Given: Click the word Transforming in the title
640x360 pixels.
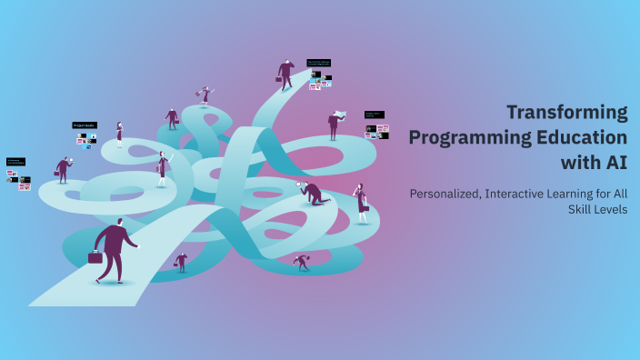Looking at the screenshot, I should pyautogui.click(x=566, y=113).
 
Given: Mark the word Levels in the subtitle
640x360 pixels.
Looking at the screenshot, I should pyautogui.click(x=606, y=209).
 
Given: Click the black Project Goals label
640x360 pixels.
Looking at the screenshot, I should pyautogui.click(x=85, y=125).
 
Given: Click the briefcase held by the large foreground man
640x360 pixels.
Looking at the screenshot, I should pyautogui.click(x=95, y=257).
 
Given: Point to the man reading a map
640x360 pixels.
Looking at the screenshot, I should pyautogui.click(x=335, y=124).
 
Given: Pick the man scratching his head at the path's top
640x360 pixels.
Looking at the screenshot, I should pyautogui.click(x=285, y=73).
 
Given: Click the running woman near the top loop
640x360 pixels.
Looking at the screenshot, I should pyautogui.click(x=205, y=94).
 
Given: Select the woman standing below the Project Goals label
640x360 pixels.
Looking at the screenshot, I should pyautogui.click(x=119, y=135).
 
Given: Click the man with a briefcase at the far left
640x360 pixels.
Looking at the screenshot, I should pyautogui.click(x=63, y=169).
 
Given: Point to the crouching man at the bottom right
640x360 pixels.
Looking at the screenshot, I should pyautogui.click(x=301, y=262).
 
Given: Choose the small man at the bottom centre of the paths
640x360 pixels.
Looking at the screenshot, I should pyautogui.click(x=181, y=262).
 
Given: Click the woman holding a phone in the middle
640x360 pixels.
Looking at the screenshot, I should pyautogui.click(x=162, y=169).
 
